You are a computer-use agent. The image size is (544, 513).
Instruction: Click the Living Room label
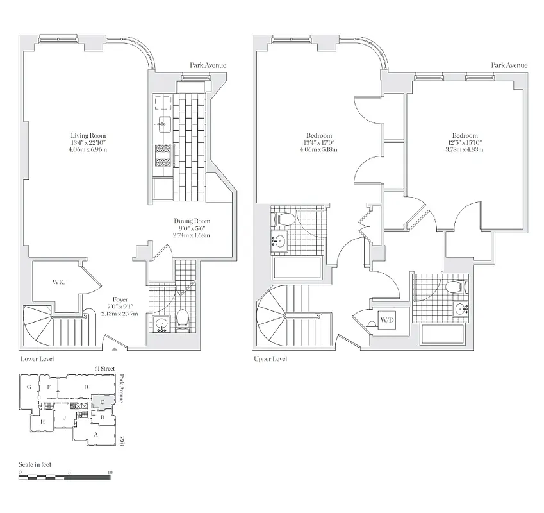[88, 135]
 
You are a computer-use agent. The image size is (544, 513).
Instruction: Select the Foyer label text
[120, 299]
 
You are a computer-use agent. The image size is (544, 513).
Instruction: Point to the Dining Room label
[192, 221]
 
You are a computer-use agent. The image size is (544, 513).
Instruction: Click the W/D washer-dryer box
[387, 320]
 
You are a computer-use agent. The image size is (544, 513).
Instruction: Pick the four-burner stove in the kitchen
[163, 154]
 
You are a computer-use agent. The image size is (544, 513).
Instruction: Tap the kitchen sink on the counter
[163, 123]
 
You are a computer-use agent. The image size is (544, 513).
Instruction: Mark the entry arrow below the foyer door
[115, 349]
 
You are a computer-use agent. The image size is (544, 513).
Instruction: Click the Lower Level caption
[37, 359]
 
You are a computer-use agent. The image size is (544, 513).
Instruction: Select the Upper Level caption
[270, 359]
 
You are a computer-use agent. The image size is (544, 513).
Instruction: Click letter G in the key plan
[29, 387]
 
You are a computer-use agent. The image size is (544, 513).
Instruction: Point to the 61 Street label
[104, 369]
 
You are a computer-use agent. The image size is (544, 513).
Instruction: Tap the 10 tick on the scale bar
[110, 472]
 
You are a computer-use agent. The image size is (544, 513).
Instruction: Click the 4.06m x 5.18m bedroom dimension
[318, 149]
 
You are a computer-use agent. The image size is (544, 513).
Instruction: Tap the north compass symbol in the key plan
[122, 441]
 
